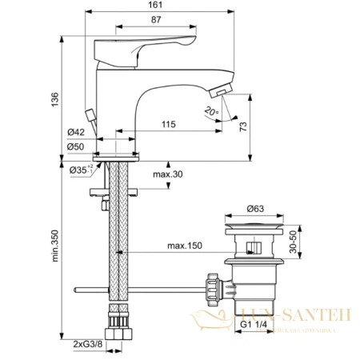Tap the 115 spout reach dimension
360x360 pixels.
coord(167,126)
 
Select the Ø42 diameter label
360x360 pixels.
coord(76,133)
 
